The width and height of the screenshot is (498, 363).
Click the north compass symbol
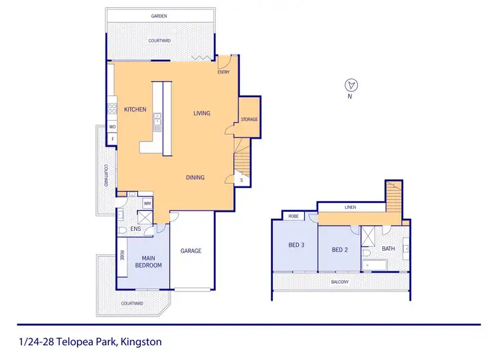click(x=353, y=84)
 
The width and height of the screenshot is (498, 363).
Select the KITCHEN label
click(x=135, y=109)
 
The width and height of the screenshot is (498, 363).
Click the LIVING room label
click(x=202, y=113)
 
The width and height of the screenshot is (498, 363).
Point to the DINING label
click(x=195, y=177)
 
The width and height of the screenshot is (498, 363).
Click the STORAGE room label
click(x=249, y=119)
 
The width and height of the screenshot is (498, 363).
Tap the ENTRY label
click(x=224, y=72)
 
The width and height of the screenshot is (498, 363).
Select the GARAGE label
click(x=191, y=251)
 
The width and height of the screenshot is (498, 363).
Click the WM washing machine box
click(x=147, y=203)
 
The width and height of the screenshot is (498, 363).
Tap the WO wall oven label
click(x=112, y=126)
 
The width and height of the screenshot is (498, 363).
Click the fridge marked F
click(x=112, y=139)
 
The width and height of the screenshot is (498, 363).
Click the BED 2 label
click(x=339, y=250)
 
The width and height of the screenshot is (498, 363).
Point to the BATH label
click(x=388, y=249)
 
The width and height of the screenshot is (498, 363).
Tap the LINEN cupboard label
click(x=350, y=208)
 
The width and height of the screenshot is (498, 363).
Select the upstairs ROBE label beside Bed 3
click(x=293, y=216)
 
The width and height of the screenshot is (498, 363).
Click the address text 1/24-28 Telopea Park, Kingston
click(x=87, y=342)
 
